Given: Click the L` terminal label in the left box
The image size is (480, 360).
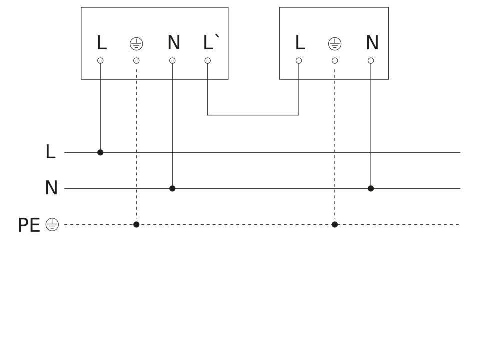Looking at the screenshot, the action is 211,42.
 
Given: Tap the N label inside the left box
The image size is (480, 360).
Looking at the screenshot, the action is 174,43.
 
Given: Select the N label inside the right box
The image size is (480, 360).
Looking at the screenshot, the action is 372,43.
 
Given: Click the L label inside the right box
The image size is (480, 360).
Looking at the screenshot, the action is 300,43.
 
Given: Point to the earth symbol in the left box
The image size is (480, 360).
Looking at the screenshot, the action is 136,44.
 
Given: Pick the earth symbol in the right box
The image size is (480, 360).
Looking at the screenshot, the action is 335,44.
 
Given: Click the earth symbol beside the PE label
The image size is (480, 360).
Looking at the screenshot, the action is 52,224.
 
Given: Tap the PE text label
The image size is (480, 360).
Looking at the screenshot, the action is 29,225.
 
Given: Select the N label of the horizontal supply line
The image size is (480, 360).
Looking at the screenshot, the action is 51,188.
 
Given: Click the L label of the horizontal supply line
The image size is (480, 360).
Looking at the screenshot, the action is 51,152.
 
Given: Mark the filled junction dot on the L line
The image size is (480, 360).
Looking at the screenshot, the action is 100,152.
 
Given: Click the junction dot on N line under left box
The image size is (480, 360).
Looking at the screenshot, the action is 172,188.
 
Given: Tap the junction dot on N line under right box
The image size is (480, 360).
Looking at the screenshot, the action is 371,188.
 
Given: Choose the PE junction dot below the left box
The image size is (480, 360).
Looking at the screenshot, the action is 136,224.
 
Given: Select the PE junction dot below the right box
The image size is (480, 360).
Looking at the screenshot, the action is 335,224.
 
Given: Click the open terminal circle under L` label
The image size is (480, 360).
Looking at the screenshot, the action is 208,61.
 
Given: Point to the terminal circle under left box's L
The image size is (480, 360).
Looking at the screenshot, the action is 100,61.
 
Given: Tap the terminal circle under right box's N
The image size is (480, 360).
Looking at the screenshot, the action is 371,61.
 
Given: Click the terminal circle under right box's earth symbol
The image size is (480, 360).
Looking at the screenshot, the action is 335,61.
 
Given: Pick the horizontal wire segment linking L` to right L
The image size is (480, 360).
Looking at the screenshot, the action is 253,115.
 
